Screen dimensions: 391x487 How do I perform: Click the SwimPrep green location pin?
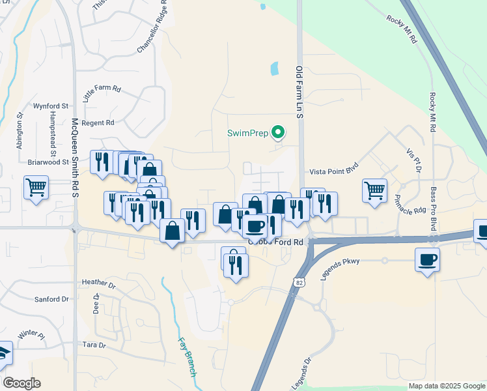279,132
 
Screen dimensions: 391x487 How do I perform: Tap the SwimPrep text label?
247,133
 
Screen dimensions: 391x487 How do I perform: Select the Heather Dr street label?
99,283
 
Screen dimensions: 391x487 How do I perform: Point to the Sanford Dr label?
51,299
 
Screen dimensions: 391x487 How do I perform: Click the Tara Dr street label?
94,344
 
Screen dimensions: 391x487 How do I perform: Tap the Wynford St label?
51,106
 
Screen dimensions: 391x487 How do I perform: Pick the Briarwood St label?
48,162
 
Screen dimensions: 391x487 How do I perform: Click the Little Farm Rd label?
102,95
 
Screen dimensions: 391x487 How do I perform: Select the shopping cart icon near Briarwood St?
36,188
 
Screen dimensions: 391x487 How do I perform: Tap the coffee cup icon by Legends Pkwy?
427,260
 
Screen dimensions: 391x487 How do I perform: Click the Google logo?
21,383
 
